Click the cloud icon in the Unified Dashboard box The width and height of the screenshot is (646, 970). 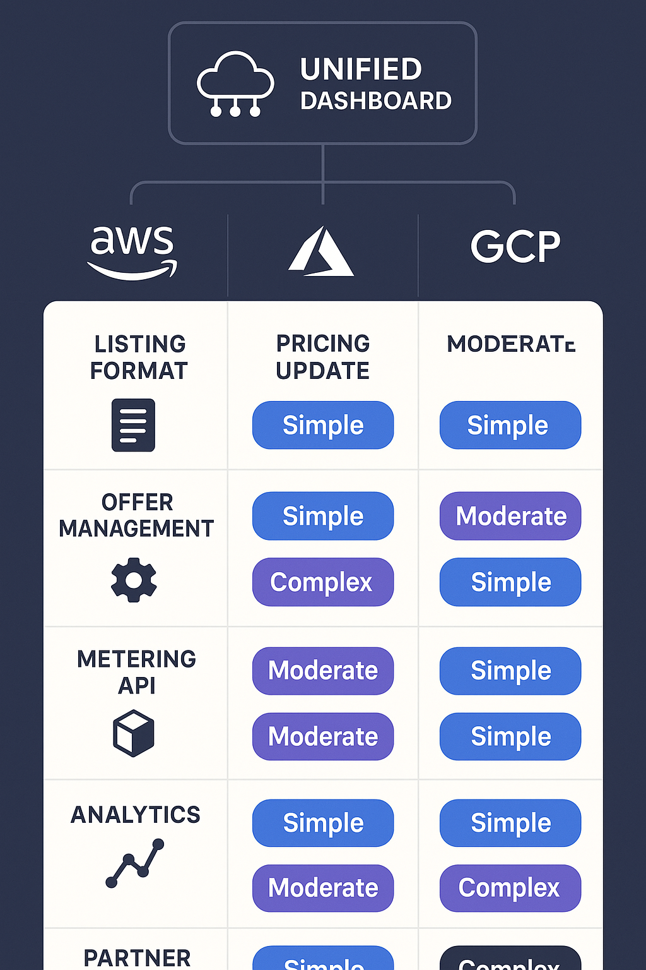tap(235, 83)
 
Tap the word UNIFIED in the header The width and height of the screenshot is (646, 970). tap(361, 69)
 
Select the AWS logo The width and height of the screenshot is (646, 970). tap(132, 252)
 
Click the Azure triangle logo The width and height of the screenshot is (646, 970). tap(321, 252)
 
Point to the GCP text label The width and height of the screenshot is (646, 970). tap(515, 246)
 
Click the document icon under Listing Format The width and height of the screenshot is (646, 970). tap(133, 425)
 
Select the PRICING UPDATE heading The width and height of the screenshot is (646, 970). tap(322, 357)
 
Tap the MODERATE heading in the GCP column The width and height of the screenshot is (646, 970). tap(510, 344)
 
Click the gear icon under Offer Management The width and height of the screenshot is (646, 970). tap(134, 580)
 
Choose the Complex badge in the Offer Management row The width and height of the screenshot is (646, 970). tap(322, 582)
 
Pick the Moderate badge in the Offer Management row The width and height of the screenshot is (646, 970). tap(510, 517)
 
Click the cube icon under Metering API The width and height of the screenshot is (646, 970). tap(134, 733)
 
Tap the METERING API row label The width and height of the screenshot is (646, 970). tap(136, 672)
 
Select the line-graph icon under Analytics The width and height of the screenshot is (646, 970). tap(134, 863)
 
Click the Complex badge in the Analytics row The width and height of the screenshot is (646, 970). tap(510, 888)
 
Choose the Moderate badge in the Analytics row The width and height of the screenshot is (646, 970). tap(322, 888)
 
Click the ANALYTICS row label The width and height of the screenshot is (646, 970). tap(136, 815)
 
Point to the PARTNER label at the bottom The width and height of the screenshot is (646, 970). tap(137, 958)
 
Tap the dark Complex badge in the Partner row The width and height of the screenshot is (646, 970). tap(510, 960)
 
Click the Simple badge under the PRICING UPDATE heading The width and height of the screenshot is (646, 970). tap(322, 426)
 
